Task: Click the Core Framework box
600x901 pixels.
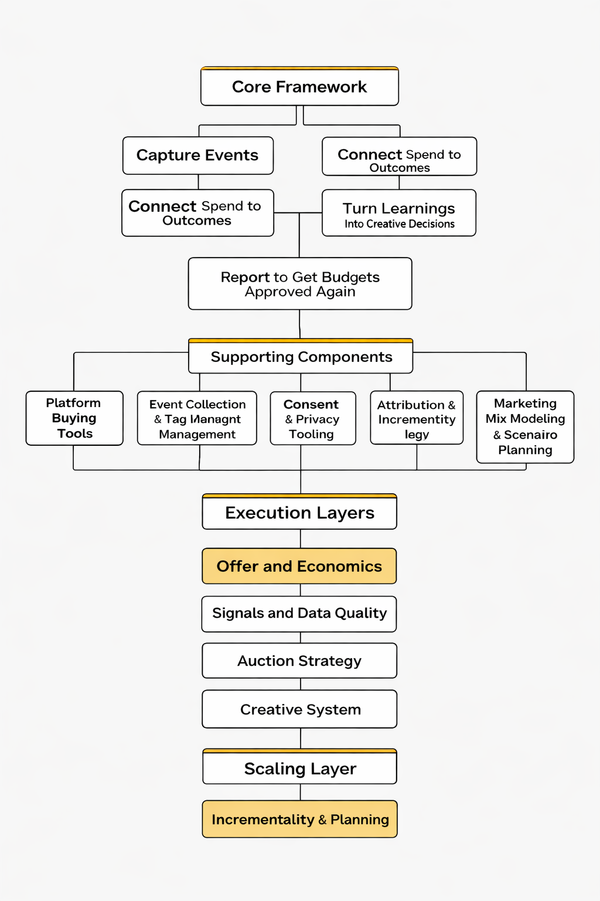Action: pos(299,87)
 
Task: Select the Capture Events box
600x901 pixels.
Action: pos(197,155)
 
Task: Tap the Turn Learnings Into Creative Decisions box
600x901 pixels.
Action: pos(399,213)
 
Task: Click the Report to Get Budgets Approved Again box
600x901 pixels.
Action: pos(300,284)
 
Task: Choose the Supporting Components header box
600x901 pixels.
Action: pos(301,357)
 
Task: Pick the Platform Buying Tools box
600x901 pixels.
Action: pos(74,418)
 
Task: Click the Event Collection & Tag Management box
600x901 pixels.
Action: pos(197,419)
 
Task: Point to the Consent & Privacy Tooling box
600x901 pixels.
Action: pos(312,419)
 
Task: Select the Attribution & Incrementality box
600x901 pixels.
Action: pos(417,418)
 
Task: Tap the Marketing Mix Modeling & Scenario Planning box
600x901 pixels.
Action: pos(525,427)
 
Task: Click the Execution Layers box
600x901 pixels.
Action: pos(299,513)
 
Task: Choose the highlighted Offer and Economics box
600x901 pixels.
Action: pos(299,566)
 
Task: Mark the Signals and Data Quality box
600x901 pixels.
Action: pos(299,614)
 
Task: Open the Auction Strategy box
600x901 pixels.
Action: pos(299,661)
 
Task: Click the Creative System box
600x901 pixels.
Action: pos(299,710)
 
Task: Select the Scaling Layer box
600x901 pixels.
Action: pos(299,768)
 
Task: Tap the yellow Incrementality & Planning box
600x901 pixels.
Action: pos(299,819)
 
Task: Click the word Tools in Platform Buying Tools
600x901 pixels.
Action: pos(75,433)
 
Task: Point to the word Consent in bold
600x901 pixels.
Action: pos(311,404)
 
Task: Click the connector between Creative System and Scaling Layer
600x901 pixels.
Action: pos(301,739)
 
